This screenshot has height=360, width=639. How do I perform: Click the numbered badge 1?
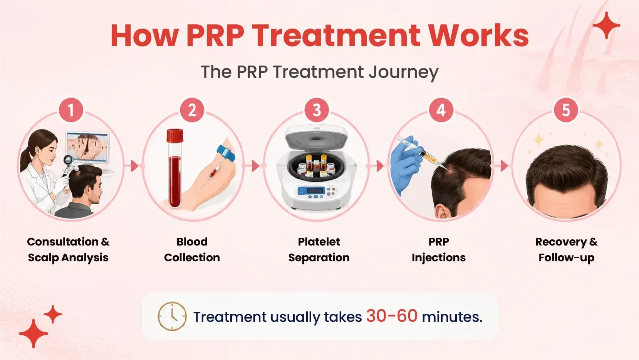[71, 110]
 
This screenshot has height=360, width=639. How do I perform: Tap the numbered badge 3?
[316, 110]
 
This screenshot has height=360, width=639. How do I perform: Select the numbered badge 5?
[566, 110]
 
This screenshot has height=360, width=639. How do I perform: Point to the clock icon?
[172, 316]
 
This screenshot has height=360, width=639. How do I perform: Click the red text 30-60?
[392, 316]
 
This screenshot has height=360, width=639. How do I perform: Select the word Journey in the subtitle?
[403, 72]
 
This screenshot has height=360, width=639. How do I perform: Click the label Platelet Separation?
[319, 249]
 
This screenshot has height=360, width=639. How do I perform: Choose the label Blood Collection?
[192, 249]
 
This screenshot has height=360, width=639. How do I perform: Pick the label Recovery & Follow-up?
[566, 249]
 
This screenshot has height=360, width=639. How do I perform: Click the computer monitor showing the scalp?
[87, 148]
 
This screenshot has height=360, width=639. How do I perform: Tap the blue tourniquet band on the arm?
[226, 153]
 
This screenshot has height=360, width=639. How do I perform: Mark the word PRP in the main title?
[215, 36]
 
